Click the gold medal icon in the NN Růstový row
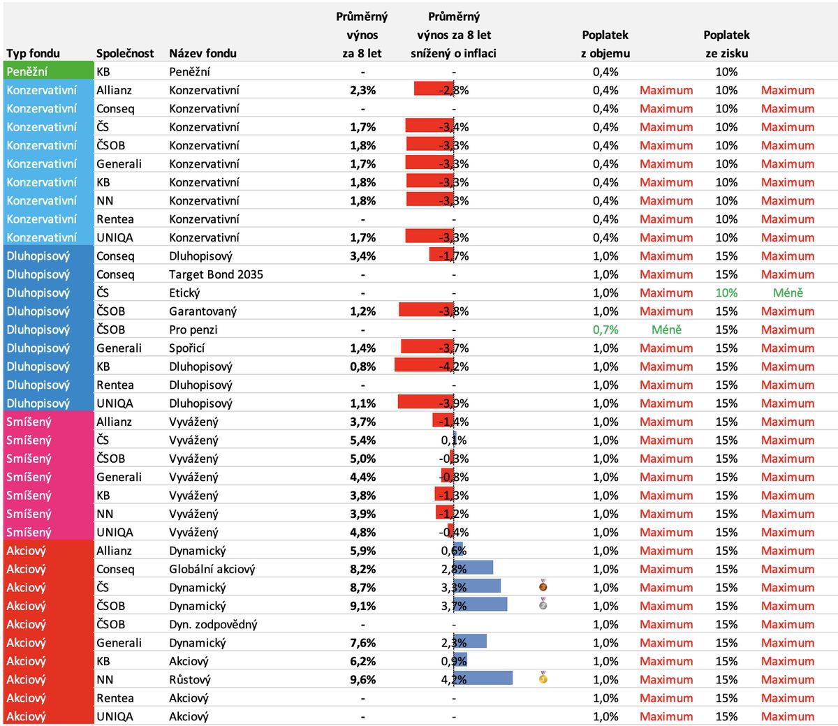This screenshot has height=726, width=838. (x=543, y=677)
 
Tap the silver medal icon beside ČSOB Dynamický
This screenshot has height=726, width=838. (x=543, y=604)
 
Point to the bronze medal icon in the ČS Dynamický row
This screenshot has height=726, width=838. (x=543, y=585)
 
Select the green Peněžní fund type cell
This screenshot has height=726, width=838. (x=48, y=71)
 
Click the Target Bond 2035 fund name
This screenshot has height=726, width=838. (x=216, y=274)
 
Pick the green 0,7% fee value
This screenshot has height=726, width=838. (x=605, y=329)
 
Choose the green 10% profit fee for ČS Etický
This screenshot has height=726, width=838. (x=726, y=293)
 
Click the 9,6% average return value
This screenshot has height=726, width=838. (x=362, y=679)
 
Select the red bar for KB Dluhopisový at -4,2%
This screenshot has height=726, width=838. (x=424, y=366)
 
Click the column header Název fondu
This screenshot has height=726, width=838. (x=203, y=53)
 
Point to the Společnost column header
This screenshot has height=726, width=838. (x=125, y=53)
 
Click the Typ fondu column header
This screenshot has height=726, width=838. (x=34, y=53)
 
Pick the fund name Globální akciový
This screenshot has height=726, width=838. (x=212, y=569)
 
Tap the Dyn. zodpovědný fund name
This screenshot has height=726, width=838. (x=213, y=624)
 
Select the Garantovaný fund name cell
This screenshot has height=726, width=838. (x=203, y=311)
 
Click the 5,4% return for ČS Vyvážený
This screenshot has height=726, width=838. (x=362, y=440)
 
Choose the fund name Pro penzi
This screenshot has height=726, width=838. (x=193, y=329)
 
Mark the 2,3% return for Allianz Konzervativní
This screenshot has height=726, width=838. (x=362, y=90)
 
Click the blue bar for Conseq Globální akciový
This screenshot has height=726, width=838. (x=473, y=568)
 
